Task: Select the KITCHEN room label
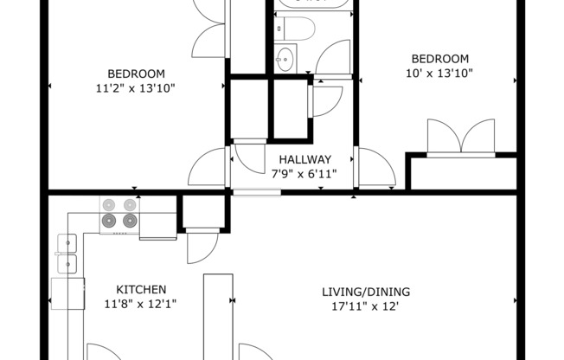[x=141, y=289]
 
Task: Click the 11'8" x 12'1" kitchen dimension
[x=141, y=304]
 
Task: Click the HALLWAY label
[x=304, y=159]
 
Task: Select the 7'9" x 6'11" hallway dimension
[x=304, y=174]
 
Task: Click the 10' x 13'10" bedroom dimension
[x=439, y=74]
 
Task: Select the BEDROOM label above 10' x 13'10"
[x=439, y=59]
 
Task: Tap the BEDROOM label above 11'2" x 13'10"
[x=136, y=74]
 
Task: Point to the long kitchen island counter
[x=218, y=316]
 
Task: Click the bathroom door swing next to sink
[x=333, y=56]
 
